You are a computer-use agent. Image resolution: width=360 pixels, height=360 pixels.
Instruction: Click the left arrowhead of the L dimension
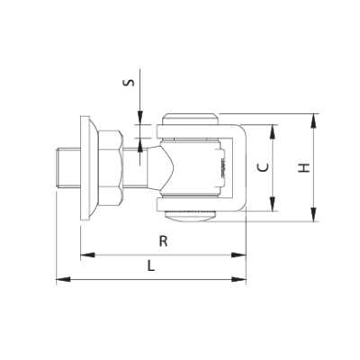coord(61,281)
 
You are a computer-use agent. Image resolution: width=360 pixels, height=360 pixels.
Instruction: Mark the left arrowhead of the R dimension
coord(85,256)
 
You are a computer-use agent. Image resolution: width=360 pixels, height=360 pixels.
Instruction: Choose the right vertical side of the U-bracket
coord(243,168)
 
